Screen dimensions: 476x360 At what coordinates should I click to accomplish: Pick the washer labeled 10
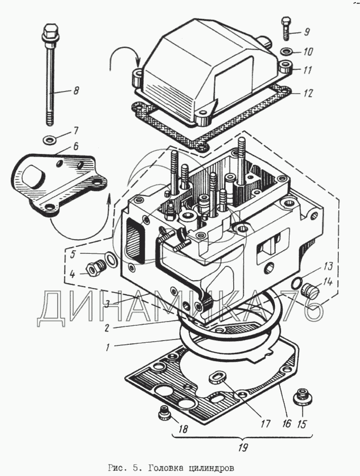pos(286,52)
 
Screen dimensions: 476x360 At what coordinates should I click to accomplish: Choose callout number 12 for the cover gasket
pos(308,93)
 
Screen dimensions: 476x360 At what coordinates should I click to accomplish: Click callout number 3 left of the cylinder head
pos(107,304)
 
